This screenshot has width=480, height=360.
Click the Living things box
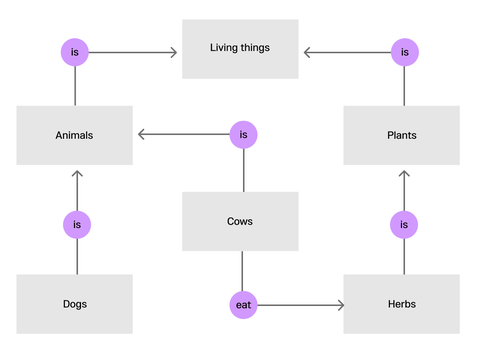pyautogui.click(x=240, y=49)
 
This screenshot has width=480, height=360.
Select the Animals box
pyautogui.click(x=75, y=135)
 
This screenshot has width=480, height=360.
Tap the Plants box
pyautogui.click(x=402, y=135)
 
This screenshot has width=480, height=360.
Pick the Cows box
pyautogui.click(x=240, y=221)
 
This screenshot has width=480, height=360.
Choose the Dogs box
pyautogui.click(x=75, y=303)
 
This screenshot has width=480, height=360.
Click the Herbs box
pyautogui.click(x=402, y=303)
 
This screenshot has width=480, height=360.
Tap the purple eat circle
pyautogui.click(x=243, y=304)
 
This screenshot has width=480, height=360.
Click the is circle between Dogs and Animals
pyautogui.click(x=76, y=225)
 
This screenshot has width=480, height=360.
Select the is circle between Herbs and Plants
pyautogui.click(x=403, y=225)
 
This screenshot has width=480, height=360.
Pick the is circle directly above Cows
pyautogui.click(x=243, y=135)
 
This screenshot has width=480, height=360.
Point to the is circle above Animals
pyautogui.click(x=76, y=51)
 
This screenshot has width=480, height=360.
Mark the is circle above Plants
pyautogui.click(x=403, y=51)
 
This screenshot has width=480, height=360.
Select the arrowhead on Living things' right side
pyautogui.click(x=307, y=51)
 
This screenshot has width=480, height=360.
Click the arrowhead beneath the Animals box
pyautogui.click(x=76, y=175)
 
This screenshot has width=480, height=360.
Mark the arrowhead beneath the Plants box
pyautogui.click(x=403, y=175)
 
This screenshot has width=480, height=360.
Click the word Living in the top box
pyautogui.click(x=224, y=47)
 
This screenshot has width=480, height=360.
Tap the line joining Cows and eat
pyautogui.click(x=243, y=270)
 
